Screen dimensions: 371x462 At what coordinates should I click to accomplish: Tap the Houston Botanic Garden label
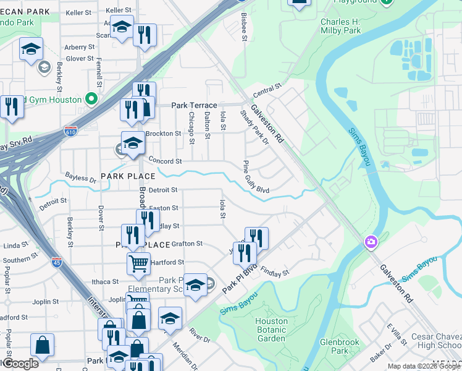271,330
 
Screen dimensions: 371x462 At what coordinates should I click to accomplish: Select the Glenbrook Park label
337,346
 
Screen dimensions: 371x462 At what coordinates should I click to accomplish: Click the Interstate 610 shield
70,132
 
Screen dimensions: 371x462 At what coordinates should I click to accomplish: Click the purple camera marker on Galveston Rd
371,241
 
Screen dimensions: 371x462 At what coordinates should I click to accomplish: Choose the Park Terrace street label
194,106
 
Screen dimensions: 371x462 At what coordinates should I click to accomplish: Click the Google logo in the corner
20,363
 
